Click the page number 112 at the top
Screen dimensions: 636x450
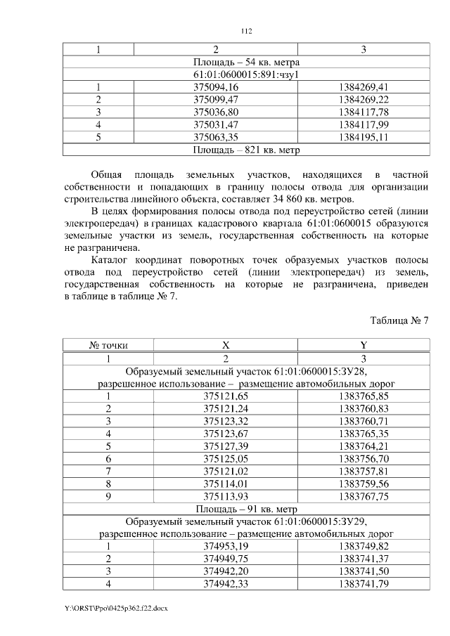pos(245,31)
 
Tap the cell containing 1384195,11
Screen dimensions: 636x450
pos(363,137)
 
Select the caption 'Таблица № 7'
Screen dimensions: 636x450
pos(399,320)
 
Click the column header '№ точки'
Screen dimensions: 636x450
pos(108,346)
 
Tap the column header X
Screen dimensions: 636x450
pos(226,346)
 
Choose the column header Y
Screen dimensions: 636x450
pos(363,346)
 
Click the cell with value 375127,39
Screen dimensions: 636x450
pos(226,446)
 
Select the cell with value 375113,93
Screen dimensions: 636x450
pos(226,496)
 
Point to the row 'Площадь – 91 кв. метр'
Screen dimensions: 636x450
pos(245,509)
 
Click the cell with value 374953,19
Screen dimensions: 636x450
pos(226,547)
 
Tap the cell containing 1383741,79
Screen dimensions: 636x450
pos(363,584)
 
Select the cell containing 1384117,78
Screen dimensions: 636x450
pos(363,112)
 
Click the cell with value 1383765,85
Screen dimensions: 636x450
pos(363,396)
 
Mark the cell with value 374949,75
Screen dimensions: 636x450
pos(226,559)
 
